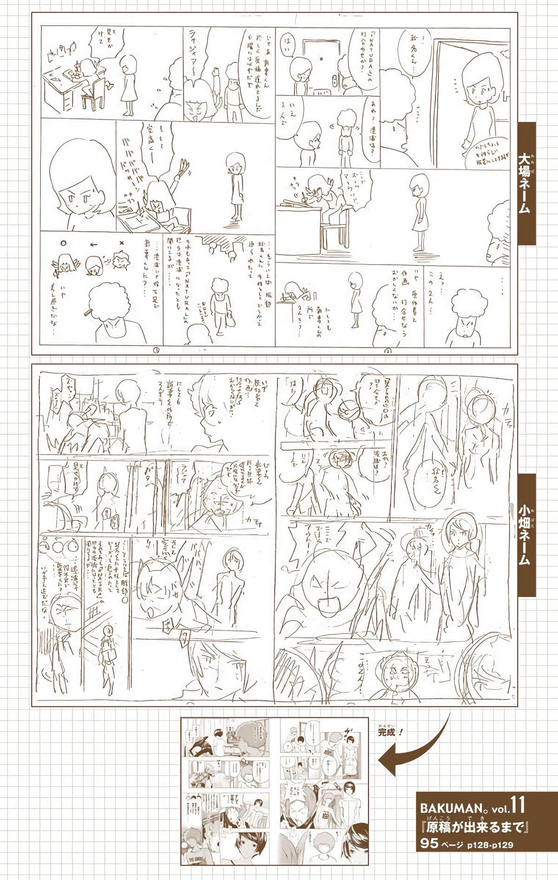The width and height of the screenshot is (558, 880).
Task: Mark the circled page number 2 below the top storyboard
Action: coord(387,351)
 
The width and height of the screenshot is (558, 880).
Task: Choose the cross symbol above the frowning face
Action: coord(122,242)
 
